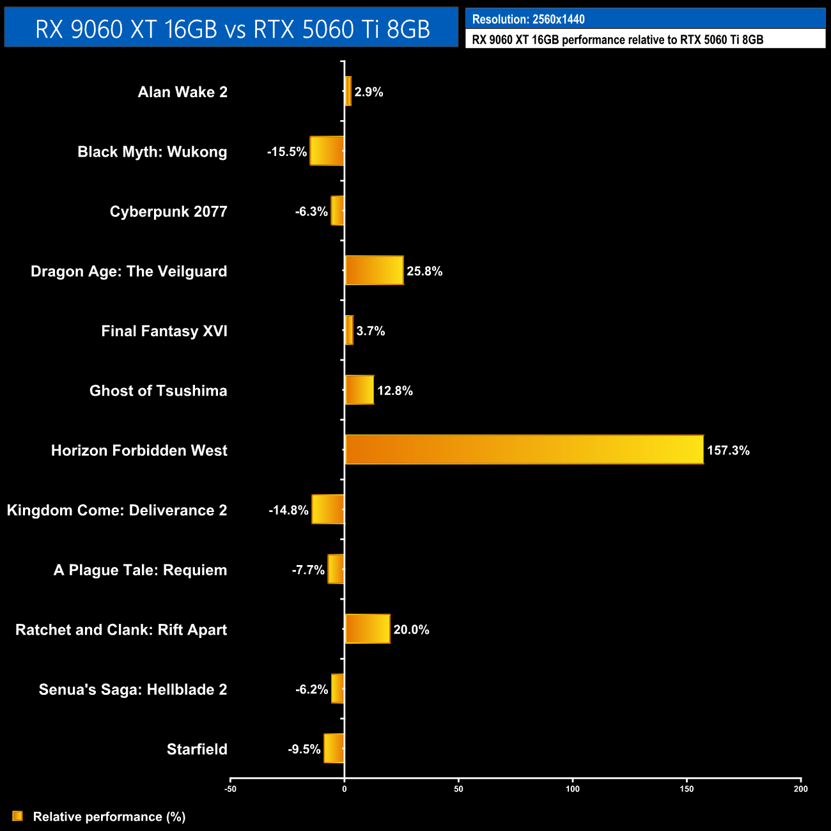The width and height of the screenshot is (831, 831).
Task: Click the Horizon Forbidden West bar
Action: pyautogui.click(x=524, y=449)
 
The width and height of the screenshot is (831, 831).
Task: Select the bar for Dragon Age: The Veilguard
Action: pyautogui.click(x=374, y=270)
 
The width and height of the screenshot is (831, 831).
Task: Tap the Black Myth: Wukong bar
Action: pyautogui.click(x=327, y=151)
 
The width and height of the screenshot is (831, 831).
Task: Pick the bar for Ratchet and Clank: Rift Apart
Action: pyautogui.click(x=368, y=629)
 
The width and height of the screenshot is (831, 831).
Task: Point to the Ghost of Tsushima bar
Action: pyautogui.click(x=359, y=390)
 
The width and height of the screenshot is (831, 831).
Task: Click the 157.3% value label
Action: pyautogui.click(x=728, y=451)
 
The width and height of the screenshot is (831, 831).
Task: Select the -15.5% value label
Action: pyautogui.click(x=287, y=152)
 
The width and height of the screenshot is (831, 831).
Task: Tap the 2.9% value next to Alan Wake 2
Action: pyautogui.click(x=369, y=92)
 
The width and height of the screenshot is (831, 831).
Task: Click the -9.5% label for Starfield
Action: pyautogui.click(x=304, y=749)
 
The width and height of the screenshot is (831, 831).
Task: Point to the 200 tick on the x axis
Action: pyautogui.click(x=800, y=789)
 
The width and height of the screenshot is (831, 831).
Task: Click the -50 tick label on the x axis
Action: pyautogui.click(x=231, y=789)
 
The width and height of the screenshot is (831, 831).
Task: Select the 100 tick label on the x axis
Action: pyautogui.click(x=573, y=789)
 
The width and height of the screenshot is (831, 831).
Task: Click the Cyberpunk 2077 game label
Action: pyautogui.click(x=168, y=212)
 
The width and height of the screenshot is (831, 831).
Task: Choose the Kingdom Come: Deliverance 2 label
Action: pyautogui.click(x=117, y=510)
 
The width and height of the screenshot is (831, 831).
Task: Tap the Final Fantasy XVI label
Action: pyautogui.click(x=164, y=331)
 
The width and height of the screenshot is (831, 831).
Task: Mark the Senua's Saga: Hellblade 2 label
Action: pyautogui.click(x=133, y=690)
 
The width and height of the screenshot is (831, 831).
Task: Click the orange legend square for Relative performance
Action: pyautogui.click(x=18, y=816)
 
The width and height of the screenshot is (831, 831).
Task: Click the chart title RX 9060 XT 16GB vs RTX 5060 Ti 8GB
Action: pyautogui.click(x=232, y=29)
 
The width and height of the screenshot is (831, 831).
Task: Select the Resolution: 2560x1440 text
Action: pyautogui.click(x=528, y=19)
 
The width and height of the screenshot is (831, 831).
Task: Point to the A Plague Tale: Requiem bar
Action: pyautogui.click(x=336, y=569)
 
